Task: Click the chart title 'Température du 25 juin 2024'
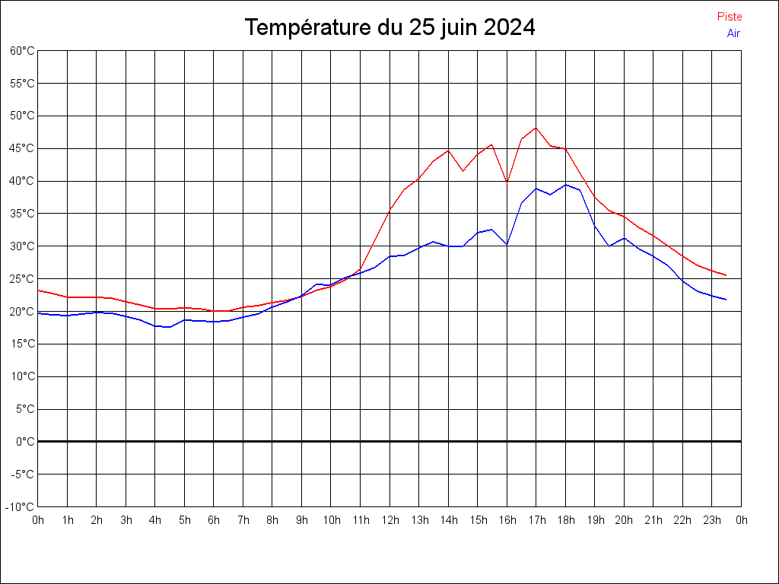pyautogui.click(x=389, y=27)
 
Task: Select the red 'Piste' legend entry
pyautogui.click(x=730, y=16)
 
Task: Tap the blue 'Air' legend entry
pyautogui.click(x=733, y=33)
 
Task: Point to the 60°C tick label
pyautogui.click(x=22, y=51)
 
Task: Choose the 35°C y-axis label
pyautogui.click(x=22, y=214)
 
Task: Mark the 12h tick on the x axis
pyautogui.click(x=389, y=520)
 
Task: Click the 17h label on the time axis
pyautogui.click(x=536, y=520)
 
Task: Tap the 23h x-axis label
pyautogui.click(x=712, y=520)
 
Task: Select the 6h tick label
pyautogui.click(x=214, y=520)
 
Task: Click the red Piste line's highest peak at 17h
pyautogui.click(x=536, y=128)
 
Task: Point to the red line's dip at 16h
pyautogui.click(x=507, y=182)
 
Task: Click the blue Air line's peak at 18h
pyautogui.click(x=565, y=184)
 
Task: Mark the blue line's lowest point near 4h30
pyautogui.click(x=170, y=327)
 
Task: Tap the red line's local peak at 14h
pyautogui.click(x=448, y=150)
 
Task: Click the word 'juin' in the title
pyautogui.click(x=456, y=27)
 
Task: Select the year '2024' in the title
pyautogui.click(x=510, y=27)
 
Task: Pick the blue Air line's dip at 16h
pyautogui.click(x=507, y=245)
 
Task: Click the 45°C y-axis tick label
pyautogui.click(x=22, y=148)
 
